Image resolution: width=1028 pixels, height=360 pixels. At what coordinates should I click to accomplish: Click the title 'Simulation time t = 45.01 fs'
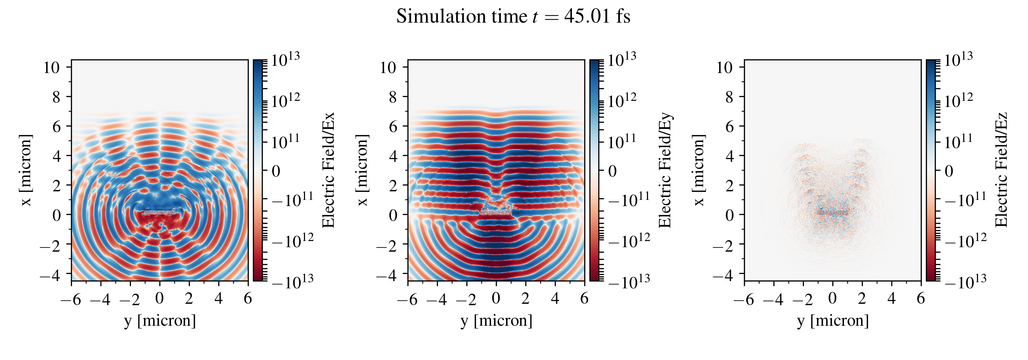[x=513, y=17]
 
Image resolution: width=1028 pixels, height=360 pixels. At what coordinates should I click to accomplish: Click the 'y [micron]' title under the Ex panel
[x=160, y=321]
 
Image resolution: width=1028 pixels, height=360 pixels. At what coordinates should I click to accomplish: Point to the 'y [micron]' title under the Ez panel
[x=833, y=321]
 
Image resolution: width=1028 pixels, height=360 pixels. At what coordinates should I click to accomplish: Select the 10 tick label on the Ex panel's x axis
[x=51, y=68]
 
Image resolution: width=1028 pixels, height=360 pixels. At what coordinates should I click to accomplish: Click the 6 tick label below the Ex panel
[x=248, y=298]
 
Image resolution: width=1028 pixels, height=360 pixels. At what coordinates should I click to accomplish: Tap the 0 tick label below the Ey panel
[x=496, y=298]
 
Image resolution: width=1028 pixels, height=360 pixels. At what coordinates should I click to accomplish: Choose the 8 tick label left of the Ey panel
[x=393, y=97]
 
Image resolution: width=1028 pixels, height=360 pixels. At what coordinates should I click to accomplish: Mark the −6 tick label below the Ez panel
[x=744, y=299]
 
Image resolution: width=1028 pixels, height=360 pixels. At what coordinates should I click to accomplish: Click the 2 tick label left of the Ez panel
[x=730, y=185]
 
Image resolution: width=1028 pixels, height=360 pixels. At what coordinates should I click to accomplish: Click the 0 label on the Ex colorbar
[x=276, y=171]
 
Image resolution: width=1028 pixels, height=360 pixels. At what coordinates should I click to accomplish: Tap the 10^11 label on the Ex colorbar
[x=285, y=141]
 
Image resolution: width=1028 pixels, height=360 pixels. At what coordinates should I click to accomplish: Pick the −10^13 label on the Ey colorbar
[x=628, y=281]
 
